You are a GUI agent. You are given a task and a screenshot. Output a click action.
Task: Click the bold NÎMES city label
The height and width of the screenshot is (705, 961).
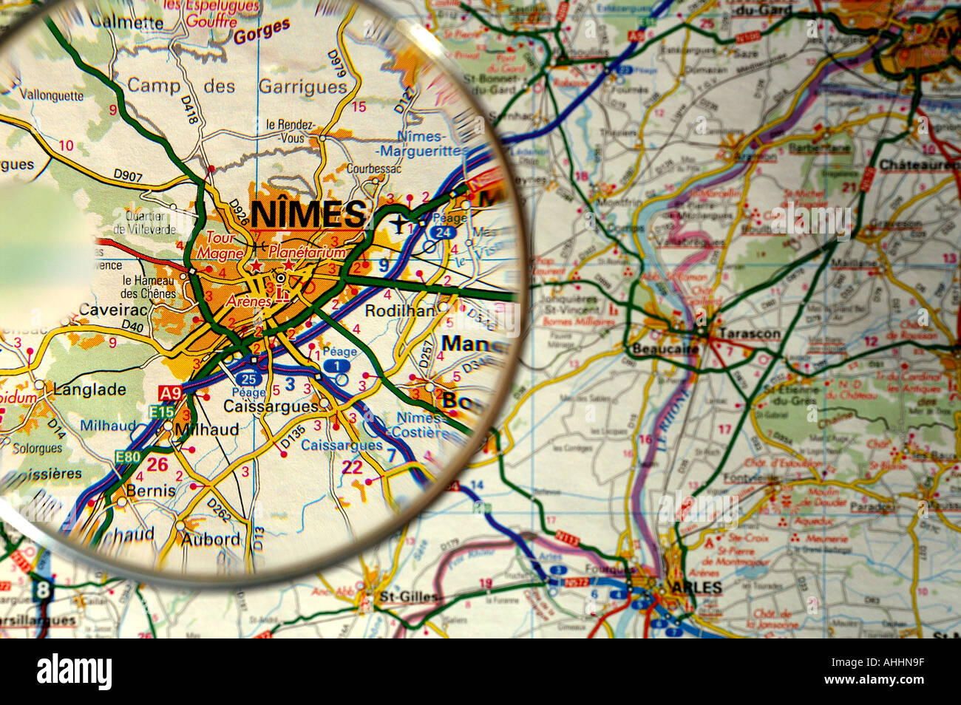click(x=308, y=214)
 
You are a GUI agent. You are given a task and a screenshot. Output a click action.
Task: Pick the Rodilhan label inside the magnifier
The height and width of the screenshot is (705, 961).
click(x=400, y=311)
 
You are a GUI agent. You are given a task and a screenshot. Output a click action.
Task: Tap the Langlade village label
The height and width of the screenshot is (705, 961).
click(x=89, y=389)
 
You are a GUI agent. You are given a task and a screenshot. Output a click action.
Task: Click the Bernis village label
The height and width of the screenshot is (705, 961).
click(x=151, y=490)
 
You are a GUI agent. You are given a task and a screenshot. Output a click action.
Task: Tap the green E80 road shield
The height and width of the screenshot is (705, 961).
click(x=127, y=458)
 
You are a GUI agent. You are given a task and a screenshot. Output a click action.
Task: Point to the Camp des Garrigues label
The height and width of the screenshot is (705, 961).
click(x=237, y=86)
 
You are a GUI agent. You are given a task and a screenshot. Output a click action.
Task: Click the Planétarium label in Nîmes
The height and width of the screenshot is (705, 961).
click(x=307, y=253)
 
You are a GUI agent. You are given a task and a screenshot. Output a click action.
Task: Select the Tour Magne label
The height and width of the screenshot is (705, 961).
click(x=216, y=245)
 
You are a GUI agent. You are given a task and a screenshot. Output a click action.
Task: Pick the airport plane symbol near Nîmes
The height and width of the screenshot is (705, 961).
click(x=399, y=222)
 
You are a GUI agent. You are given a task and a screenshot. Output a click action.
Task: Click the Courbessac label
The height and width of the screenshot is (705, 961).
click(x=373, y=168)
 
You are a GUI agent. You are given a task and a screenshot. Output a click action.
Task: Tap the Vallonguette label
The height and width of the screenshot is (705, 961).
click(x=52, y=95)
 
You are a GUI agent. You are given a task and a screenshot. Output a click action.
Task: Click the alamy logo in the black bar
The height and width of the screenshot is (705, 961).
click(x=74, y=672)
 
